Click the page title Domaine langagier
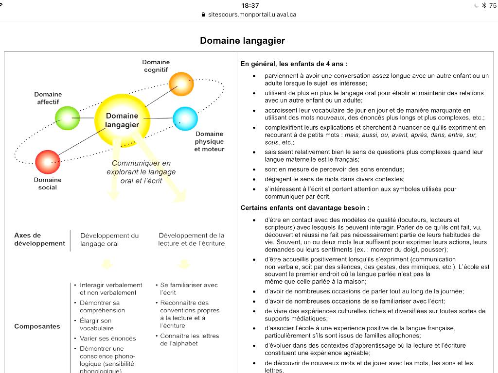[x=242, y=41]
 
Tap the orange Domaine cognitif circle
[x=181, y=84]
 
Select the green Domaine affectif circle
[x=67, y=118]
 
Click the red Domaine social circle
[x=48, y=162]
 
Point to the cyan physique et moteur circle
[x=185, y=119]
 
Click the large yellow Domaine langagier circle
[x=122, y=120]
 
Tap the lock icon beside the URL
[x=203, y=15]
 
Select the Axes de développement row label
[x=39, y=239]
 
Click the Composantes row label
[x=37, y=326]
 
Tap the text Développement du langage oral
[x=109, y=239]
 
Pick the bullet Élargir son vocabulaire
[x=96, y=324]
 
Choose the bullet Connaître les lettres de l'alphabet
[x=190, y=339]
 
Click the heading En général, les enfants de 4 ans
[x=294, y=64]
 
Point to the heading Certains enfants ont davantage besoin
[x=305, y=208]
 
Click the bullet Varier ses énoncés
[x=107, y=339]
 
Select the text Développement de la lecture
[x=192, y=239]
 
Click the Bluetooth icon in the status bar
[x=483, y=5]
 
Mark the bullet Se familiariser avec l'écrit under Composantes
[x=189, y=289]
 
